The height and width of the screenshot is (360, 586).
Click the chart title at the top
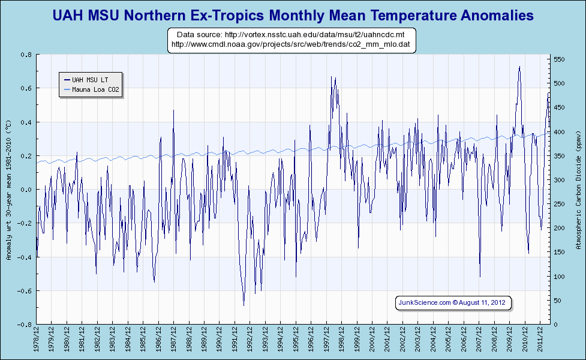[293, 15]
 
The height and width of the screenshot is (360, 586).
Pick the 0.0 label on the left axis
[26, 190]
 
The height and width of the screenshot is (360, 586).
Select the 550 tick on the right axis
[558, 59]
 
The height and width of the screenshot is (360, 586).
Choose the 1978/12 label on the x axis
[37, 341]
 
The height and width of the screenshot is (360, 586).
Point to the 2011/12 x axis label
[540, 341]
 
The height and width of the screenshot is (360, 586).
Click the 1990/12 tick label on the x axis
[220, 341]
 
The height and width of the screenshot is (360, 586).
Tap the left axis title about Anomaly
[8, 190]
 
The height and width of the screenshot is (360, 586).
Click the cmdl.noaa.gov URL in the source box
[291, 44]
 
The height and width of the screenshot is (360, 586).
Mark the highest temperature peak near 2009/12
[519, 67]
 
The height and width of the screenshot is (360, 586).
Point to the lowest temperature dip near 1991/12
[244, 305]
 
